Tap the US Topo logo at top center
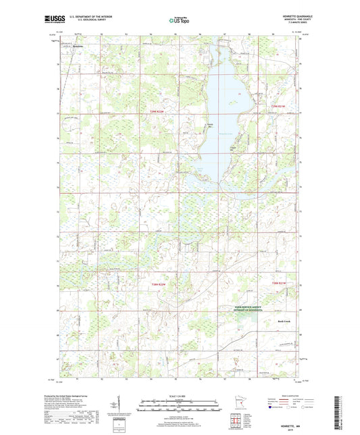[x=179, y=21]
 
